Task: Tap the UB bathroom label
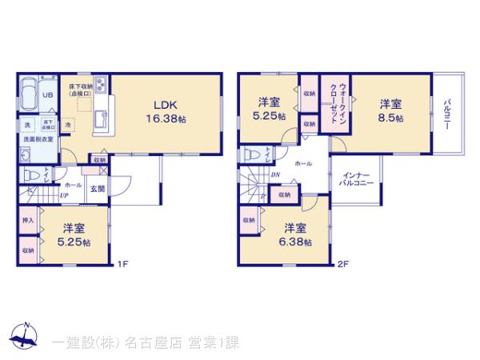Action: click(47, 95)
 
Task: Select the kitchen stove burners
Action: click(102, 82)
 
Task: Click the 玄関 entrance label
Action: click(96, 189)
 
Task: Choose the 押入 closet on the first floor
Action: click(26, 219)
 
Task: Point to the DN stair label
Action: click(275, 175)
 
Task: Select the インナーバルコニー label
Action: click(356, 179)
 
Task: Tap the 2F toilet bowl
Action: click(250, 152)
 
